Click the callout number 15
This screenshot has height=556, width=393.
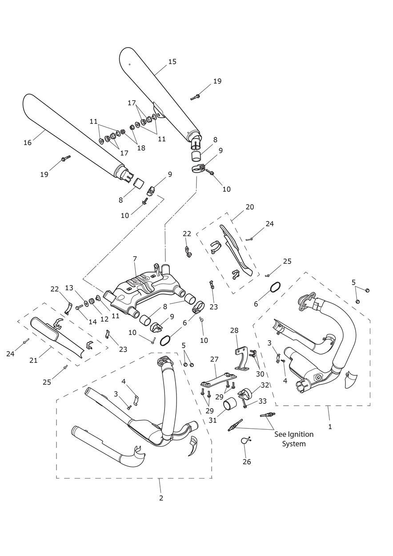172,62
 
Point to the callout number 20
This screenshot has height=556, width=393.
250,207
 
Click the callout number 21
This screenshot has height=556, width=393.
33,360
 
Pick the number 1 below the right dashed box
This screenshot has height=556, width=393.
330,426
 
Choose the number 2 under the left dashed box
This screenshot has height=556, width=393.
161,498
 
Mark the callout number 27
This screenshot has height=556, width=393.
214,359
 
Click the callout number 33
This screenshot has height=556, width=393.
262,401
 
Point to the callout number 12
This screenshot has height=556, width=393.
104,319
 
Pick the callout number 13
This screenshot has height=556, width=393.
69,288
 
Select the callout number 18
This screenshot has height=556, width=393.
141,148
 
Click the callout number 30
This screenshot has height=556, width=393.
260,374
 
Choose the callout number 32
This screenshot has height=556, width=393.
265,385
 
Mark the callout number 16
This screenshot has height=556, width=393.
28,143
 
